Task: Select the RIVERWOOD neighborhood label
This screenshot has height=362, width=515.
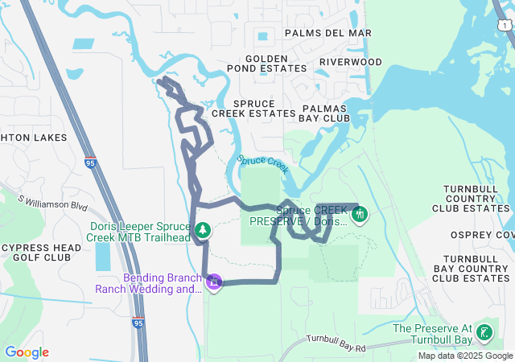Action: click(350, 62)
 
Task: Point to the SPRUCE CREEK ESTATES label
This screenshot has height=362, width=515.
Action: click(253, 109)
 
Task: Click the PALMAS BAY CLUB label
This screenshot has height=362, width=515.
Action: click(325, 113)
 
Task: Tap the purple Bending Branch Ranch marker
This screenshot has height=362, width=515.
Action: click(214, 282)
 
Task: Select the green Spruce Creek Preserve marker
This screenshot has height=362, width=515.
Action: click(360, 214)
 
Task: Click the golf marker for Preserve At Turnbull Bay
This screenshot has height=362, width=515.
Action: click(484, 333)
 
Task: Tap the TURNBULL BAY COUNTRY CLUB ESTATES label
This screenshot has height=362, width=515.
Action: click(472, 268)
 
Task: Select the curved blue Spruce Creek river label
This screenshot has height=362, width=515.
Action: click(263, 163)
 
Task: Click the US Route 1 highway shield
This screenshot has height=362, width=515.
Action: click(504, 26)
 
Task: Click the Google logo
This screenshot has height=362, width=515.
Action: click(27, 352)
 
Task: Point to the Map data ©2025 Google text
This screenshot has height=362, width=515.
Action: click(465, 356)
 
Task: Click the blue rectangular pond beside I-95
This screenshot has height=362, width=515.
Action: click(104, 256)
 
